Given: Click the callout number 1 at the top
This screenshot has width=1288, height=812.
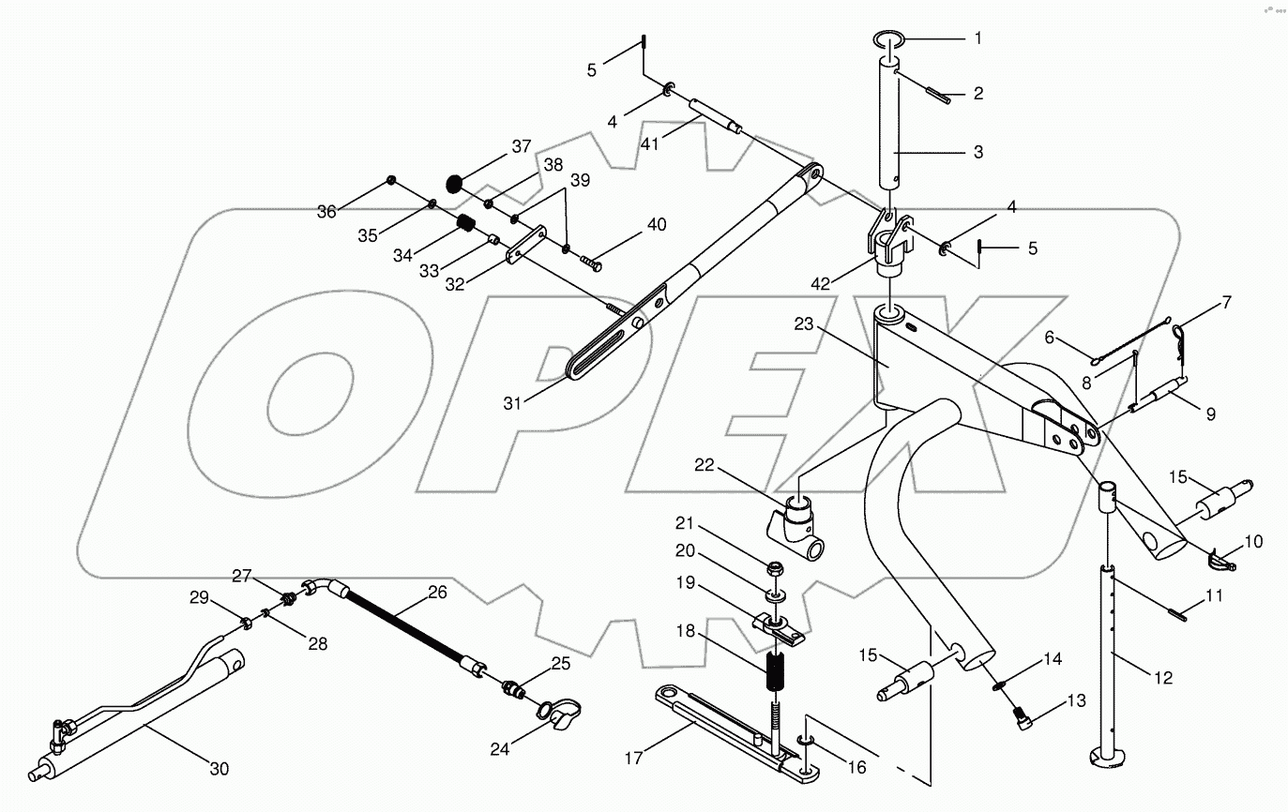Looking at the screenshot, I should (x=977, y=38).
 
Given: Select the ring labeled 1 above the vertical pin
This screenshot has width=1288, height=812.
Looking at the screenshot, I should (x=891, y=38).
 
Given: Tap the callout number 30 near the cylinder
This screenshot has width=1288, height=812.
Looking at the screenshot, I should (x=219, y=769).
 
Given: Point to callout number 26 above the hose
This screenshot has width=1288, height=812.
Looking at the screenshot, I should (x=437, y=592).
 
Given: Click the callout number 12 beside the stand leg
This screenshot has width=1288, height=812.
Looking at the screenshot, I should (x=1163, y=677).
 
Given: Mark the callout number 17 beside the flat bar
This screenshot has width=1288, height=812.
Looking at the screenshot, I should (x=634, y=758).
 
